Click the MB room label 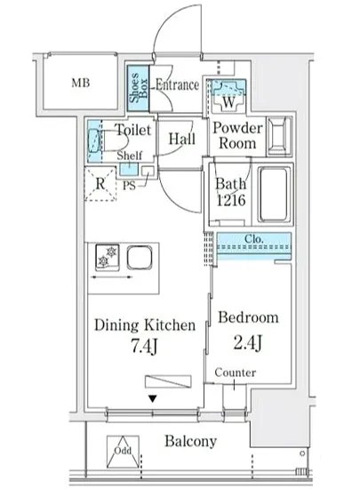point(81,83)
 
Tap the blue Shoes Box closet point(138,89)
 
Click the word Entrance point(177,84)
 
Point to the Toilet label point(132,130)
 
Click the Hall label point(182,139)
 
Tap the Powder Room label point(237,136)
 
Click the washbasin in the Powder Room point(280,136)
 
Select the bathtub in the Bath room point(274,194)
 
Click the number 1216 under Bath point(231,200)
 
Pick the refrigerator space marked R point(100,184)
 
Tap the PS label point(129,186)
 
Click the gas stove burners point(108,257)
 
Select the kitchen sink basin point(140,257)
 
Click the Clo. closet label point(254,239)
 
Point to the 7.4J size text point(144,346)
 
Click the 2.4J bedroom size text point(247,342)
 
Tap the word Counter point(236,373)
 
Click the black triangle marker point(152,398)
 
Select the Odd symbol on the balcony point(123,452)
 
